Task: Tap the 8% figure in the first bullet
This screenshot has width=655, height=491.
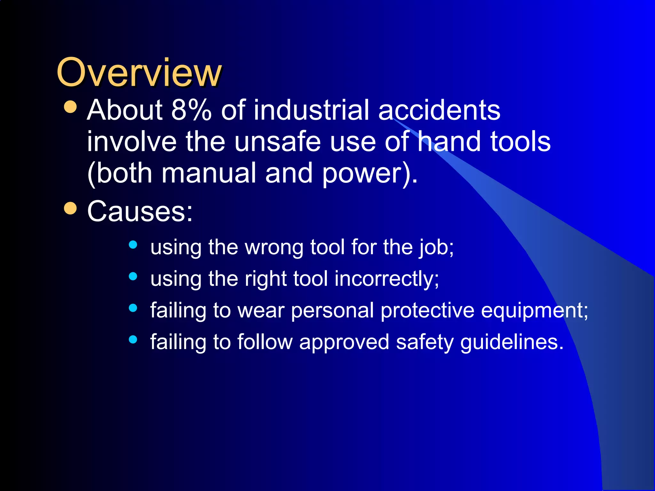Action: point(191,110)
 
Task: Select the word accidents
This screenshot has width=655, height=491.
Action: point(439,110)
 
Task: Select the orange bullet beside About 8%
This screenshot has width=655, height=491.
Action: point(70,107)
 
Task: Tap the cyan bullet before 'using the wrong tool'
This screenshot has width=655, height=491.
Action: point(133,245)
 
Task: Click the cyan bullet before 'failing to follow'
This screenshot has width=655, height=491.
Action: point(133,339)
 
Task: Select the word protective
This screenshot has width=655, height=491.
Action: point(427,310)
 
